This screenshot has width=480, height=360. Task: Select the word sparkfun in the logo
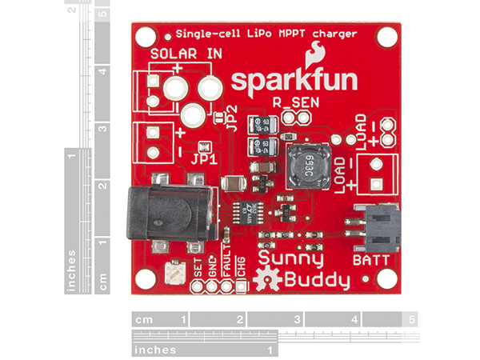pyautogui.click(x=293, y=82)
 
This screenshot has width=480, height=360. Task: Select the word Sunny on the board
pyautogui.click(x=290, y=258)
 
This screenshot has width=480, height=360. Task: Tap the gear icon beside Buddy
pyautogui.click(x=263, y=280)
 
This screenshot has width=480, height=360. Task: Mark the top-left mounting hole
pyautogui.click(x=146, y=36)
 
